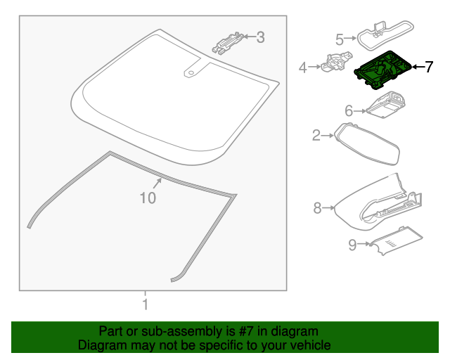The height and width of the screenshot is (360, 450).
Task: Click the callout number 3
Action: coord(260,37)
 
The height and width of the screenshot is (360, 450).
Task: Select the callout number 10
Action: coord(148,199)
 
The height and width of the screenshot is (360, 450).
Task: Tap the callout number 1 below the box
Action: coord(145,305)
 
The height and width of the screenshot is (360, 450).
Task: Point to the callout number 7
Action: coord(429,67)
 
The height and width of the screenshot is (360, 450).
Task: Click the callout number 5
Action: coord(339,39)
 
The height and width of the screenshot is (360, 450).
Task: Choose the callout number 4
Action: coord(303,68)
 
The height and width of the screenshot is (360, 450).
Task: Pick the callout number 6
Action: coord(348,110)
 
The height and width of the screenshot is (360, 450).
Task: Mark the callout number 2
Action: coord(316,135)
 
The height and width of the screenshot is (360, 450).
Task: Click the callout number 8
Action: coord(317,207)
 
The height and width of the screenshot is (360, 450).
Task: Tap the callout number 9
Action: coord(352,245)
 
